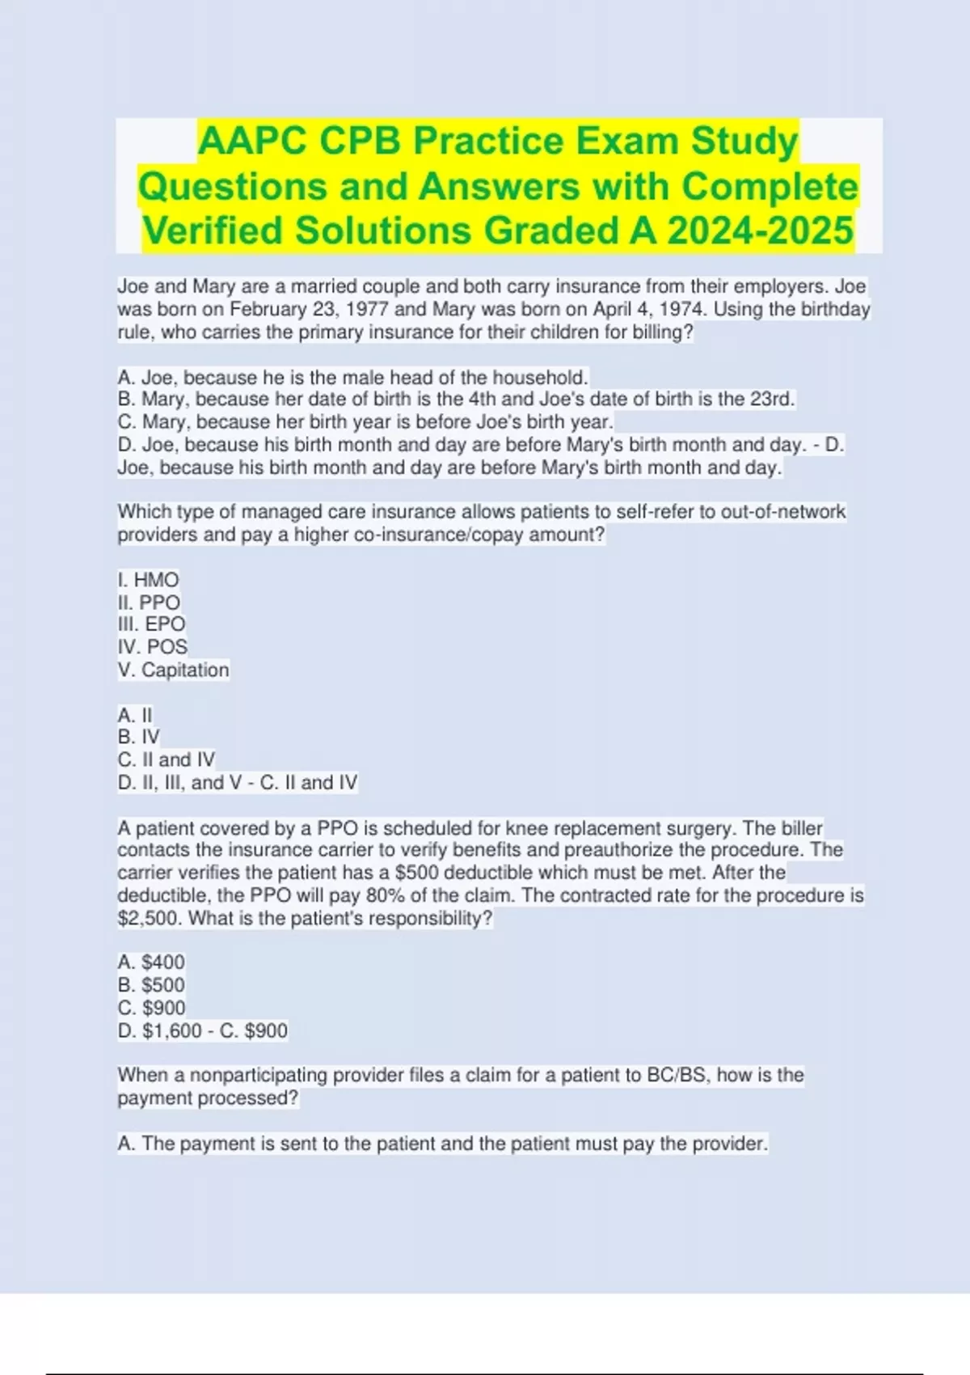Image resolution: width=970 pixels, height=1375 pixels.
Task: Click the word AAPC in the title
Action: [x=251, y=142]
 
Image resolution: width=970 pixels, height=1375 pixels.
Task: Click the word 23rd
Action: [x=771, y=400]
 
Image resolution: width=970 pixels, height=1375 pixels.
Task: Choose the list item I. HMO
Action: [x=148, y=580]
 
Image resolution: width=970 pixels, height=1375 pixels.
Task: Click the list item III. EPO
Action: [x=151, y=624]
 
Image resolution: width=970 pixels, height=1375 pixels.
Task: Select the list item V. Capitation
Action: [x=173, y=670]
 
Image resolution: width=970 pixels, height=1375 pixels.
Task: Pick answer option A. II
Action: [x=135, y=715]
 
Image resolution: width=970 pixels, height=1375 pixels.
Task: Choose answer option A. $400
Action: [x=151, y=962]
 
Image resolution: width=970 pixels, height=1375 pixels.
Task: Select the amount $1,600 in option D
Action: [x=172, y=1030]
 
